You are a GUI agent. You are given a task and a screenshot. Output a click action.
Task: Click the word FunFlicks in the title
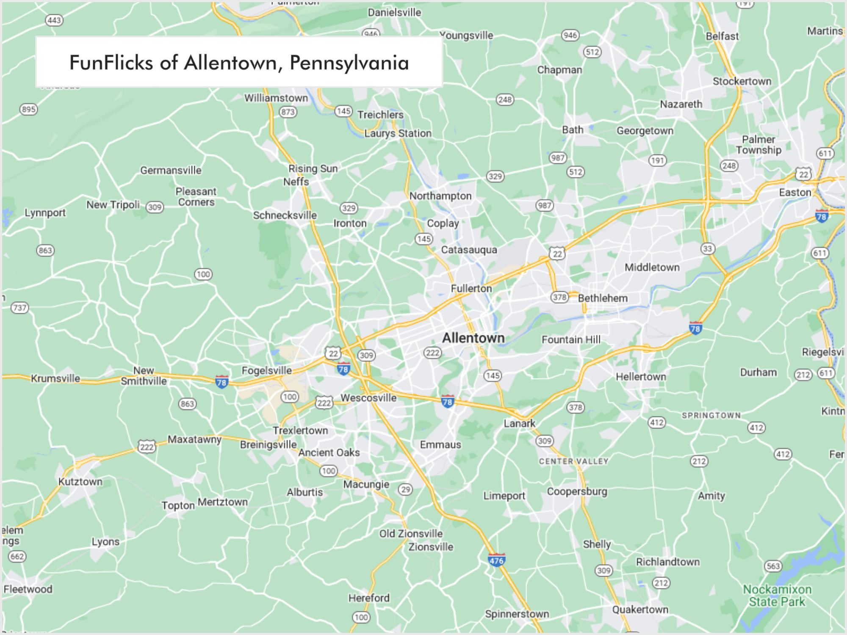[111, 63]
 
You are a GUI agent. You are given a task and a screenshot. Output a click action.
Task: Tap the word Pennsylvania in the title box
[349, 63]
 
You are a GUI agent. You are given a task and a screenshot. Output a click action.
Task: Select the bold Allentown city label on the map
[473, 338]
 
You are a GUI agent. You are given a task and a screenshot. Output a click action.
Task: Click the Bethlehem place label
[603, 298]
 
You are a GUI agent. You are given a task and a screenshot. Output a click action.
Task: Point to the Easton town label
[795, 192]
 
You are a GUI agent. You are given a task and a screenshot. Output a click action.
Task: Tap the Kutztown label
[80, 481]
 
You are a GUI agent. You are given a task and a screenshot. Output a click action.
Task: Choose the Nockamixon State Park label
[777, 595]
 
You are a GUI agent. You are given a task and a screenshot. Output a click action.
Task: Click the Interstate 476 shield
[496, 560]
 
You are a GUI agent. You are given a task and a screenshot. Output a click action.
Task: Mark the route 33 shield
[707, 248]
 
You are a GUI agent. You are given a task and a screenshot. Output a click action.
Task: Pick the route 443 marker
[54, 20]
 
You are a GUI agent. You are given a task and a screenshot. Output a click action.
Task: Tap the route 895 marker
[29, 109]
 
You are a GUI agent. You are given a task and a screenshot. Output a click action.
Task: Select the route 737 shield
[20, 308]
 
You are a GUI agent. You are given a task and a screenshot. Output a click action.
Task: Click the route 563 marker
[773, 566]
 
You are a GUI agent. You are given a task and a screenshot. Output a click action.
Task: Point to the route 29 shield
[406, 489]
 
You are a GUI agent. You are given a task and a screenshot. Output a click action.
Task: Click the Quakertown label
[640, 609]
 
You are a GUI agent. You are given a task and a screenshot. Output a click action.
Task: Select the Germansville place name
[171, 170]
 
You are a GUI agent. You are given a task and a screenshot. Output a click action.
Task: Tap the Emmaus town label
[440, 444]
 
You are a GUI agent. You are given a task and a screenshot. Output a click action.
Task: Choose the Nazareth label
[681, 104]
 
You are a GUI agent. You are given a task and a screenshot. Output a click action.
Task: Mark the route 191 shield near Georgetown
[657, 160]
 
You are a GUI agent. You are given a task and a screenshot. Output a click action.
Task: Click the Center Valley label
[573, 461]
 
